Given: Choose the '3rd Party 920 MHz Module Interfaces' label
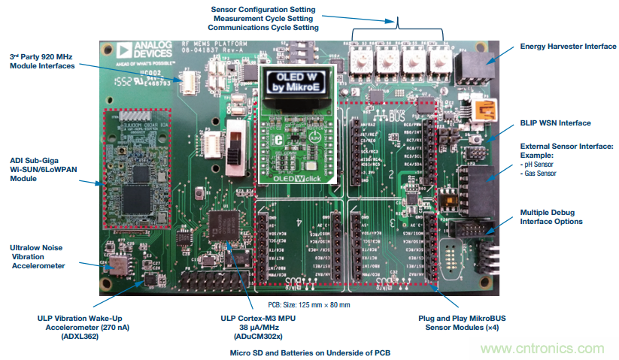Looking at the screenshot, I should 42,62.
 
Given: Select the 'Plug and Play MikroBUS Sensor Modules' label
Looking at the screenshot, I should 458,322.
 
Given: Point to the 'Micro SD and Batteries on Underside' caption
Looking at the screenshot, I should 311,352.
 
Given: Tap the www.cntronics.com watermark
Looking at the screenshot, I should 542,349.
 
